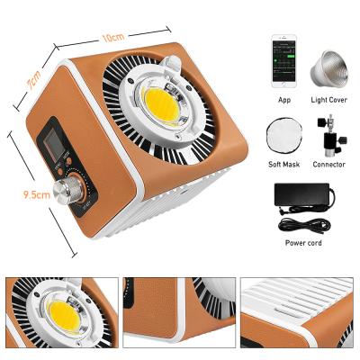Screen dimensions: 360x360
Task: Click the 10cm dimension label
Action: [112, 38]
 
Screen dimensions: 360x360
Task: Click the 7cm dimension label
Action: [33, 80]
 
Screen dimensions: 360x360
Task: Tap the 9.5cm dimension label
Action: [37, 195]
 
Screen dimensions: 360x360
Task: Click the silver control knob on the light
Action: [65, 190]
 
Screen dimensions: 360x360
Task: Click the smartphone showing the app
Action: [283, 61]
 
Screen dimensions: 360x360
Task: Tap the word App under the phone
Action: [284, 100]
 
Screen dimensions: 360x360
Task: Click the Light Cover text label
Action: [328, 100]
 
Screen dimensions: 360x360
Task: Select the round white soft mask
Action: [283, 137]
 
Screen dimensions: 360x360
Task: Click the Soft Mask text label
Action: [283, 165]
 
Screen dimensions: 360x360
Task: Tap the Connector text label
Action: [328, 165]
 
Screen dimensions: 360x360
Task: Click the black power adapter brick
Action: [302, 194]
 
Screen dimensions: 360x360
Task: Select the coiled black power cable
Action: [304, 226]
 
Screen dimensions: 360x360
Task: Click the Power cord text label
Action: [303, 243]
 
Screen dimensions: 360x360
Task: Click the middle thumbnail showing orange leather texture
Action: [179, 312]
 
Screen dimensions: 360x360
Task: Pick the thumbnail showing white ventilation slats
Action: [297, 312]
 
